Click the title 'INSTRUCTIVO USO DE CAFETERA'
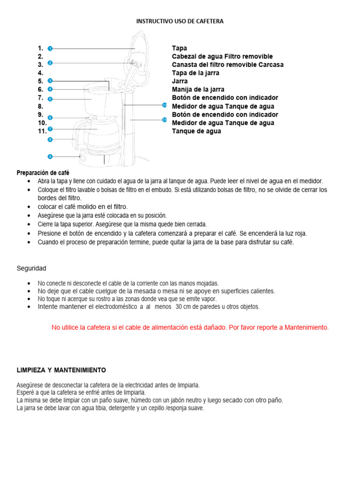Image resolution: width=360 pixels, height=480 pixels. tap(180, 21)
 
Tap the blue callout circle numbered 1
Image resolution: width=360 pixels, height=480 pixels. tap(50, 48)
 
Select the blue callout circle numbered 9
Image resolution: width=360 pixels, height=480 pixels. tap(50, 156)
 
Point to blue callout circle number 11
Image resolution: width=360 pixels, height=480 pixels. tap(165, 120)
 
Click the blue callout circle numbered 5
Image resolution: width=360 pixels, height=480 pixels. tap(50, 99)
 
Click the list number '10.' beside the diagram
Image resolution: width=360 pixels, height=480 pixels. tap(42, 123)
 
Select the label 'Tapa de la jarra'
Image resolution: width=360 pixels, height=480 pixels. tap(195, 73)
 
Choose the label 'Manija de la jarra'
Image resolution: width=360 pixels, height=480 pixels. tap(198, 89)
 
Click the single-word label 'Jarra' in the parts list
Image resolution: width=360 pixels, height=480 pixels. tap(180, 81)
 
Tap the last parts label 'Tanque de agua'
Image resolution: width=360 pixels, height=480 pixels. tap(196, 131)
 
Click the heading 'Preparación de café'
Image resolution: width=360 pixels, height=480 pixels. tap(43, 173)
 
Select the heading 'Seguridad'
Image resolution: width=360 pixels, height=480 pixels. tap(31, 269)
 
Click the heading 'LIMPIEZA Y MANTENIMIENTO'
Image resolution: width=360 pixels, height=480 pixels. tap(61, 370)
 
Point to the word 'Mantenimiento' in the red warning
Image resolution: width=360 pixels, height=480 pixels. tap(307, 327)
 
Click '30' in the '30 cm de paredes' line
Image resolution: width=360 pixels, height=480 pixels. tap(180, 307)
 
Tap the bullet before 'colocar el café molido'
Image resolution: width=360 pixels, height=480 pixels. tap(30, 207)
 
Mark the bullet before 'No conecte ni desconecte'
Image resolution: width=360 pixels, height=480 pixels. tap(30, 284)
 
